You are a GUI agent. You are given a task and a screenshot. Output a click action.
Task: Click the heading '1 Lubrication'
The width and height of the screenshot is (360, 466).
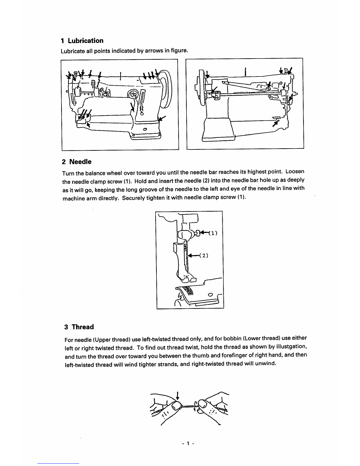point(82,41)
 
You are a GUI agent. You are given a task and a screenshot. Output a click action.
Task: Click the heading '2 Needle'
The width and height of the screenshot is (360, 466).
point(77,162)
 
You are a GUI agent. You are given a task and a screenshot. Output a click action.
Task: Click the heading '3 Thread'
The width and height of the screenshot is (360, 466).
point(79,327)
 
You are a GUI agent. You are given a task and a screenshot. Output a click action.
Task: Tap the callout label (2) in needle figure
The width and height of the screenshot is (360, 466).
point(204,255)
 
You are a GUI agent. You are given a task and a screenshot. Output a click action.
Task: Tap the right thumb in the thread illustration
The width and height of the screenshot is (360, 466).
point(203,406)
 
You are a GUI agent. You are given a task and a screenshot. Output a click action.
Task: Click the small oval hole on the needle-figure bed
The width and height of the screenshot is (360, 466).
point(210,295)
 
